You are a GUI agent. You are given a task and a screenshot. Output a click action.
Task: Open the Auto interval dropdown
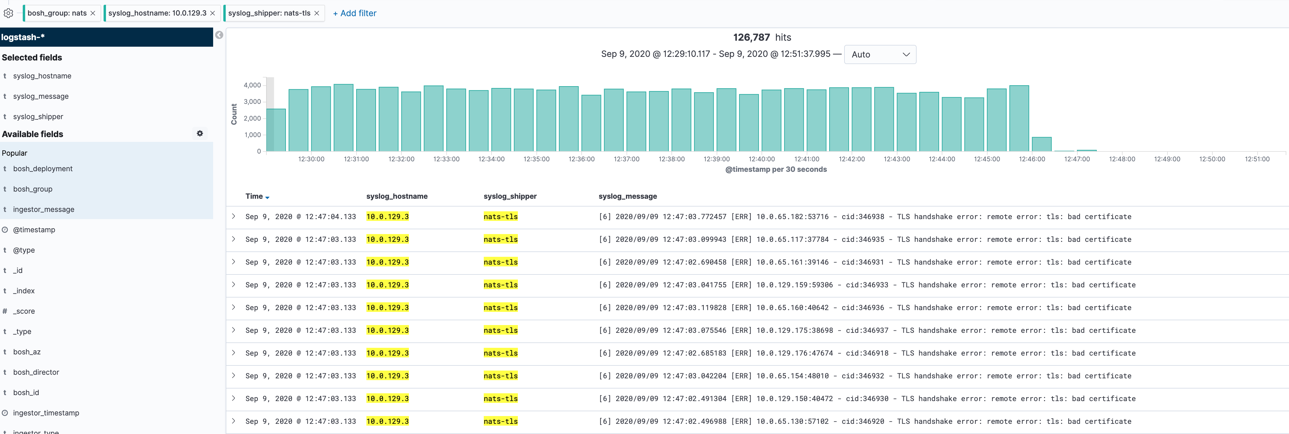[880, 54]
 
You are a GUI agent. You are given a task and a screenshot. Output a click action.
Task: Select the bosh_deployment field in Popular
[43, 169]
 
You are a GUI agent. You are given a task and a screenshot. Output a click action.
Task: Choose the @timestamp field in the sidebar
[34, 230]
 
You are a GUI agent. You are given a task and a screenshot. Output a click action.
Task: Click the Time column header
[254, 196]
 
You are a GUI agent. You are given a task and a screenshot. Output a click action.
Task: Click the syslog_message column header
[627, 196]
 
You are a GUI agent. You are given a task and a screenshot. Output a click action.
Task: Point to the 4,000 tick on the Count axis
[252, 85]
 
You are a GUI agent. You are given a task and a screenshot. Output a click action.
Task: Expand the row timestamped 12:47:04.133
[233, 216]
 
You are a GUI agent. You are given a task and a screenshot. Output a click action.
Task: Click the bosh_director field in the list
[36, 372]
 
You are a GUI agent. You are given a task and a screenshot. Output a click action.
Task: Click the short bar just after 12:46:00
[1041, 144]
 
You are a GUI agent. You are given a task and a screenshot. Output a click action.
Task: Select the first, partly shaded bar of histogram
[276, 130]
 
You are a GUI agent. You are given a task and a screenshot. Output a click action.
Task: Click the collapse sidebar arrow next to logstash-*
[219, 35]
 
